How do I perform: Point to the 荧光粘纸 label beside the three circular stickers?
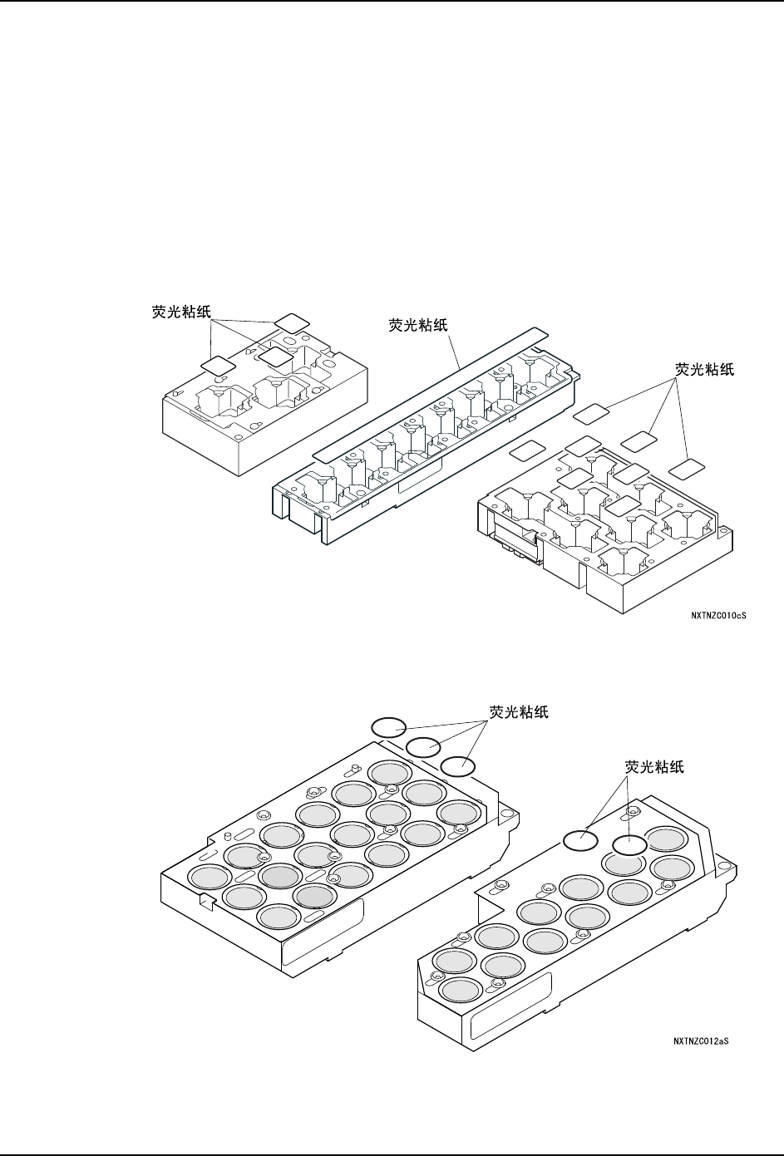(519, 712)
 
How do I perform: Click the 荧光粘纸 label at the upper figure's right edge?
(704, 369)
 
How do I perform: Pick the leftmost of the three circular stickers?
(387, 726)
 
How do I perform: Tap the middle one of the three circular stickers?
(422, 746)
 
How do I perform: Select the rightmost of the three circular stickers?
(457, 766)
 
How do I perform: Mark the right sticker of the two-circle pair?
(629, 845)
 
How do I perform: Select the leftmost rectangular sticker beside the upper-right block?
(525, 451)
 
